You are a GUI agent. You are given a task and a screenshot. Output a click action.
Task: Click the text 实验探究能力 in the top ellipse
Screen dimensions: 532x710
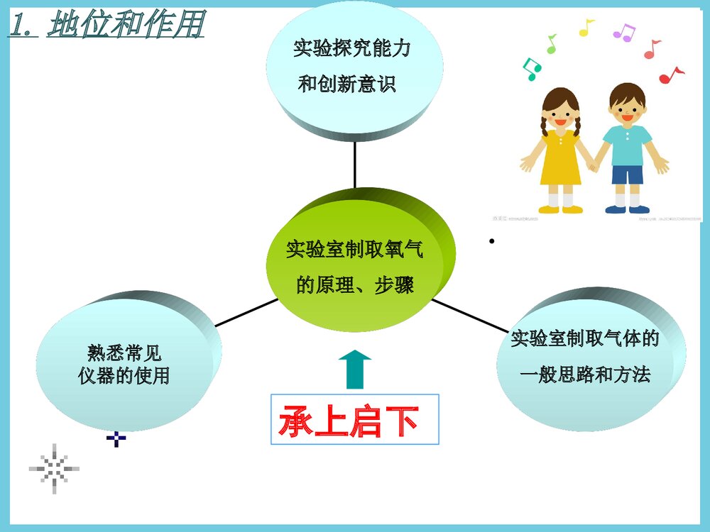click(352, 49)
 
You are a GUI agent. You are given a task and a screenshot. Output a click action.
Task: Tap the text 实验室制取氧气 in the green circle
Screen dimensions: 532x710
click(354, 250)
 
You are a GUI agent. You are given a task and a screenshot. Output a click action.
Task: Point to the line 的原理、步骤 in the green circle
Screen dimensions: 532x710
click(354, 285)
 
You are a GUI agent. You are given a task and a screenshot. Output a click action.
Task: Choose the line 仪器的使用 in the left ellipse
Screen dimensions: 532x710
click(124, 375)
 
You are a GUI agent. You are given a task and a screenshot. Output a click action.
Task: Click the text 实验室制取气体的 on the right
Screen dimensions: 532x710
click(585, 338)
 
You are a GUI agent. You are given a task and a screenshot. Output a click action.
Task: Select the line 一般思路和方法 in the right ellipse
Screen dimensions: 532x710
click(585, 374)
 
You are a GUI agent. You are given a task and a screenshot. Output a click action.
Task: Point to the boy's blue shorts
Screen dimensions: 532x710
click(627, 173)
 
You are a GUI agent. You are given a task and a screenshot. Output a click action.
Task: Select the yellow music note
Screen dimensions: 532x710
click(586, 28)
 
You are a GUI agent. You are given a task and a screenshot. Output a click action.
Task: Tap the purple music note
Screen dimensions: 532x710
click(623, 32)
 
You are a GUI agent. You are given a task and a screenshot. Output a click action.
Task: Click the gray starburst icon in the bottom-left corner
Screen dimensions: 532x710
click(55, 468)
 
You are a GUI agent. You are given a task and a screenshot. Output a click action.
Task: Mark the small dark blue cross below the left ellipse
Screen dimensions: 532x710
click(116, 439)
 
